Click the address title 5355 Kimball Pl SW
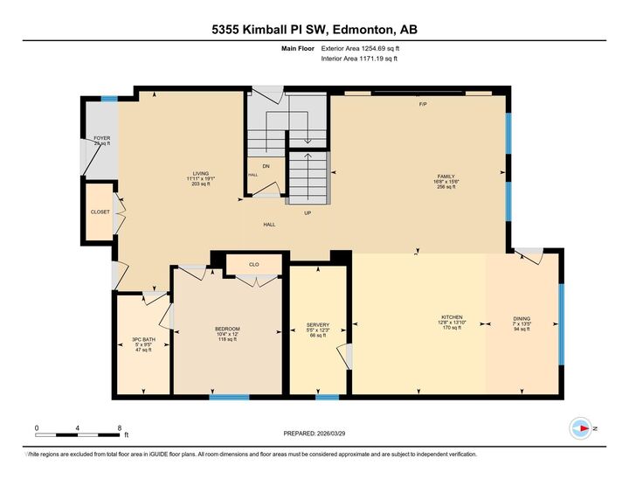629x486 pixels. point(314,29)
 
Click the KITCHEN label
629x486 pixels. point(452,317)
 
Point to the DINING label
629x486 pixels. point(522,319)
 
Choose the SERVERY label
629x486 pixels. point(317,324)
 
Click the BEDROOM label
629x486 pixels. point(227,329)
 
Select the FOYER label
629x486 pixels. point(102,138)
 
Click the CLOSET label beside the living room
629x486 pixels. point(100,212)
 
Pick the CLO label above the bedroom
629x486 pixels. point(253,263)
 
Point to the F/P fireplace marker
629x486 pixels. point(423,104)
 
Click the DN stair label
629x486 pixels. point(266,165)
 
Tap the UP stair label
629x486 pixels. point(308,212)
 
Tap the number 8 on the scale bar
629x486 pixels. point(119,427)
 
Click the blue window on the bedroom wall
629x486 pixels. point(229,397)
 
